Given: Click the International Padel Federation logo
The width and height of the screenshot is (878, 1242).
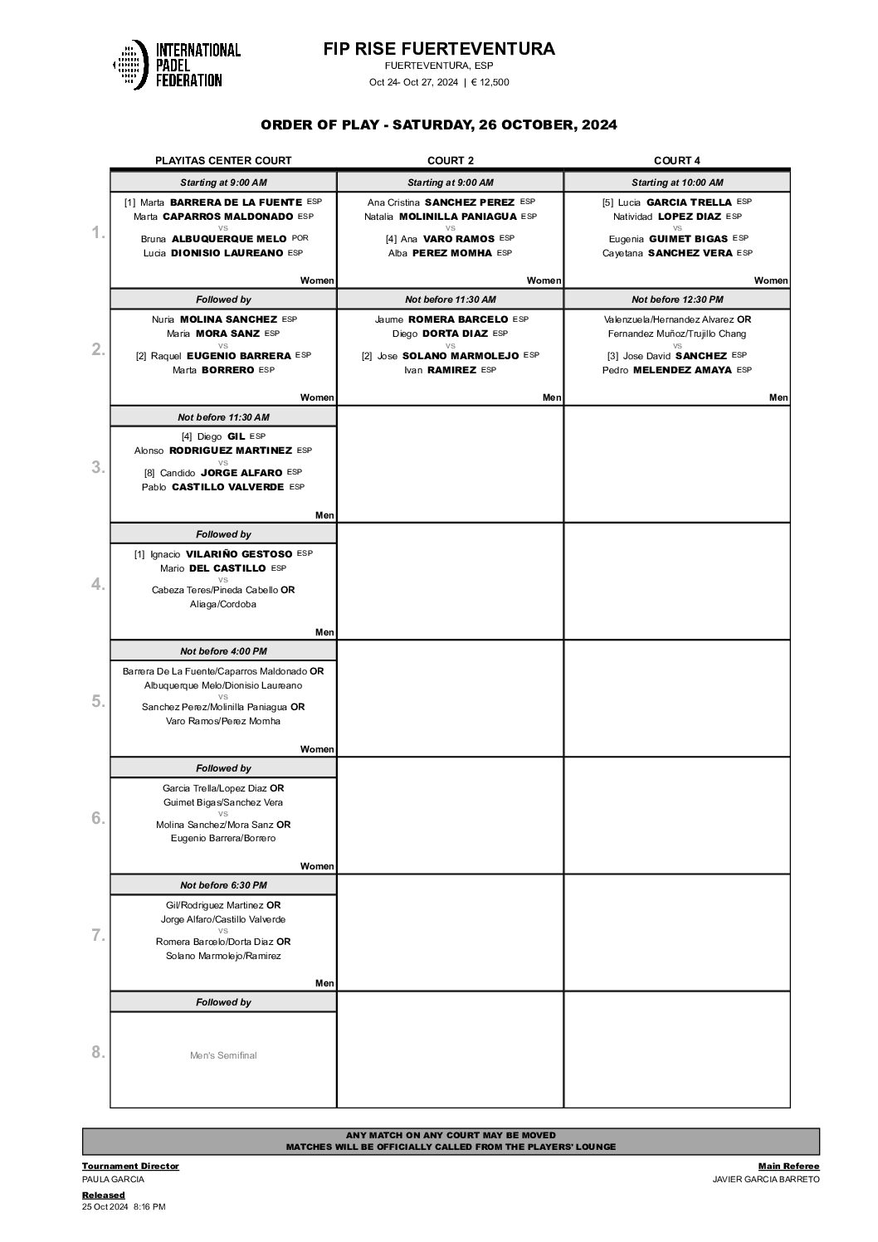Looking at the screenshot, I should pyautogui.click(x=177, y=65).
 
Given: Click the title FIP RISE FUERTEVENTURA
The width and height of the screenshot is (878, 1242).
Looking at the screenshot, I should pyautogui.click(x=439, y=50).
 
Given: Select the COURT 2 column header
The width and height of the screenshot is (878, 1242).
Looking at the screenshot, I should pyautogui.click(x=451, y=161).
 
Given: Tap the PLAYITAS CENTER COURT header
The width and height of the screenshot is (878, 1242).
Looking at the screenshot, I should pyautogui.click(x=223, y=161).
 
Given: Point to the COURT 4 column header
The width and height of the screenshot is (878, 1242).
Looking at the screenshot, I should pyautogui.click(x=677, y=161).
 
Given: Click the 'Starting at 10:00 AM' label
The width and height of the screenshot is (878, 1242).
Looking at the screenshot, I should pyautogui.click(x=677, y=183).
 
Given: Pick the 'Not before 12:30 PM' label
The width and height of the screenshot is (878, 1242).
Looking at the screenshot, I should pyautogui.click(x=677, y=300).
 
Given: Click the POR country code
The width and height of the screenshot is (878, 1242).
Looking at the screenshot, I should pyautogui.click(x=300, y=238).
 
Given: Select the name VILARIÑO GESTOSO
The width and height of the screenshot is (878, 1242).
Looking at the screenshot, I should pyautogui.click(x=238, y=553).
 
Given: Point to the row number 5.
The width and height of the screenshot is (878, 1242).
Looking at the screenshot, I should pyautogui.click(x=98, y=701).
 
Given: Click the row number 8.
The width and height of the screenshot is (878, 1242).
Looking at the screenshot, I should pyautogui.click(x=98, y=1052).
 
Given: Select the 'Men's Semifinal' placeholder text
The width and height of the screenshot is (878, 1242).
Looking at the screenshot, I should pyautogui.click(x=223, y=1055).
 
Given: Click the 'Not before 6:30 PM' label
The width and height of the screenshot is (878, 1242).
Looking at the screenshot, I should pyautogui.click(x=223, y=885).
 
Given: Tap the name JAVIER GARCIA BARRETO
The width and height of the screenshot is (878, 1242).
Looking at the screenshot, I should pyautogui.click(x=765, y=1179).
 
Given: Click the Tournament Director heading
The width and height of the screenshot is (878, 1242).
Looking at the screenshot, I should pyautogui.click(x=130, y=1166).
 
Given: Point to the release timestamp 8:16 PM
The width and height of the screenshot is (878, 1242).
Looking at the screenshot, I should pyautogui.click(x=149, y=1207).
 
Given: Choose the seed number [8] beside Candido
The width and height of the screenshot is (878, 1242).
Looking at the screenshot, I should pyautogui.click(x=149, y=473).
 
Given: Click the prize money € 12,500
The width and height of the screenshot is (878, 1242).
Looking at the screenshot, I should pyautogui.click(x=490, y=82).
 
